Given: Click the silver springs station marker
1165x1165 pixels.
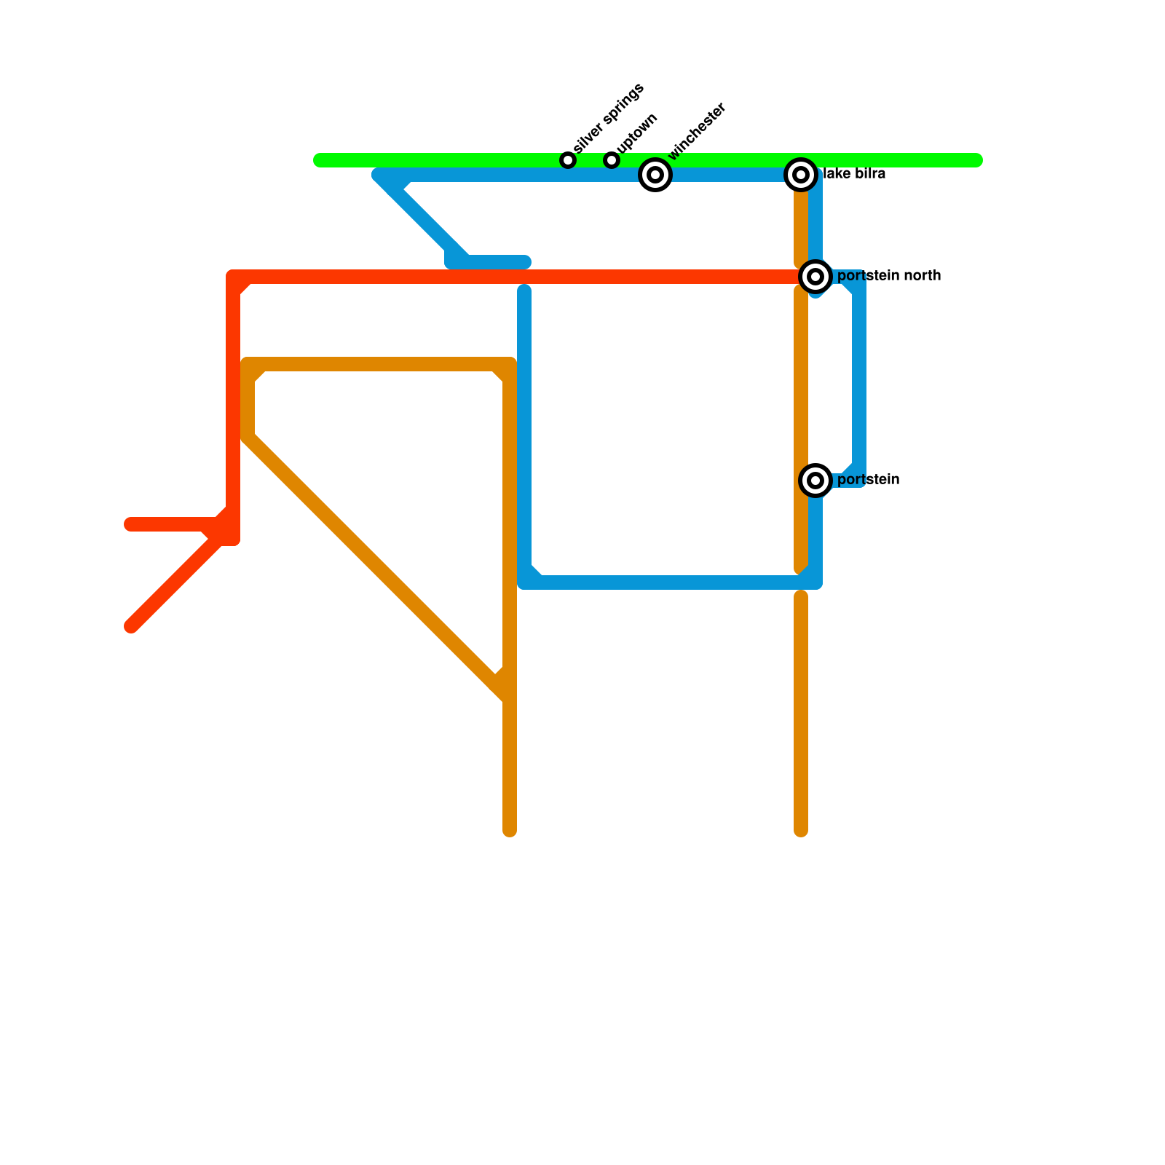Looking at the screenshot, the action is pos(568,160).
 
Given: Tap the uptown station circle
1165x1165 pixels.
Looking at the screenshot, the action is pos(612,160).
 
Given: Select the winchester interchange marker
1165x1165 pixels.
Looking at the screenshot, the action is pos(655,175).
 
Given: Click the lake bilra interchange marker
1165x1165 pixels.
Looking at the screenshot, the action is pos(801,175).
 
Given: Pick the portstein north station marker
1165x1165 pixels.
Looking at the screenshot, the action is pos(815,277).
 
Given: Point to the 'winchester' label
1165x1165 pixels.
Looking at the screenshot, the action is pos(697,131).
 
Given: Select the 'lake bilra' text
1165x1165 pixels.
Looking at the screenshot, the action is pos(854,174).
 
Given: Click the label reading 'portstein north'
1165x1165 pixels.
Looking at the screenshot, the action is pos(888,276).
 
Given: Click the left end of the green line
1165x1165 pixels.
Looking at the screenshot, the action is pos(319,160).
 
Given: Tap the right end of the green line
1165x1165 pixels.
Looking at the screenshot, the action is pos(977,160).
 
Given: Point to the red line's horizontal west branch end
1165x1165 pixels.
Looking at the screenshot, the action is pos(130,524).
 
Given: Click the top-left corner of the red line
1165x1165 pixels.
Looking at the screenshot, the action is pos(233,277).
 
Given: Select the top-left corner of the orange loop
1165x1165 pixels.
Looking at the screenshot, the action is pos(248,364).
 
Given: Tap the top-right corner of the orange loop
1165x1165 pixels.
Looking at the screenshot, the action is pos(510,364).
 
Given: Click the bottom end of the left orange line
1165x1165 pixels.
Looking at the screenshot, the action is pos(510,831).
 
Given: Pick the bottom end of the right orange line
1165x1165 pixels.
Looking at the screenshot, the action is pos(801,831).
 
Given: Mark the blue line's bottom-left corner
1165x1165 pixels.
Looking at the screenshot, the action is pos(525,582).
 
